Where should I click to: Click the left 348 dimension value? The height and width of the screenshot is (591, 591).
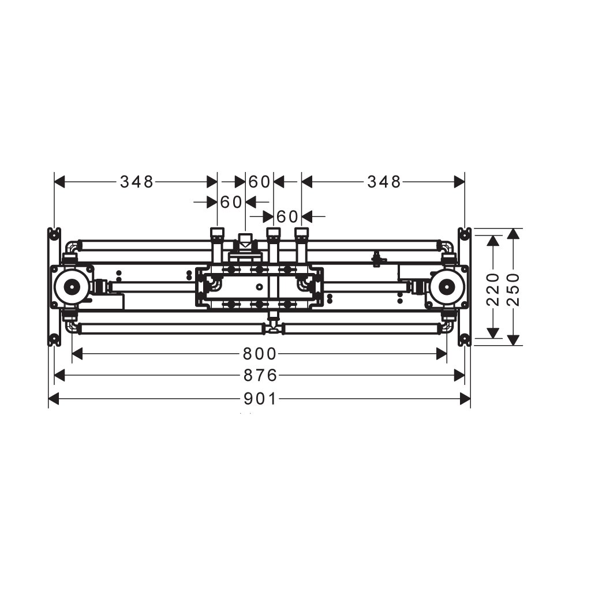(137, 182)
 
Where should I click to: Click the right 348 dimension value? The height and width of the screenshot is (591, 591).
(384, 182)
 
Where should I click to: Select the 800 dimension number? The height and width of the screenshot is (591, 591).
(260, 354)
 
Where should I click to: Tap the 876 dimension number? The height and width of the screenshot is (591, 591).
(260, 375)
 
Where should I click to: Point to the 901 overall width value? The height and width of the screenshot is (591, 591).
(260, 399)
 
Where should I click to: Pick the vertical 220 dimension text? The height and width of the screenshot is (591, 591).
(493, 289)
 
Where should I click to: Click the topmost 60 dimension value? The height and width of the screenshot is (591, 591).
(259, 182)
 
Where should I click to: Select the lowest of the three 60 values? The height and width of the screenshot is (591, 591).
(287, 217)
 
